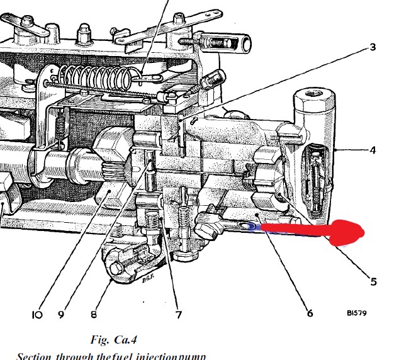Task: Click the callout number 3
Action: click(373, 48)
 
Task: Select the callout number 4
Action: click(373, 152)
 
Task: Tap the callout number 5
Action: click(373, 282)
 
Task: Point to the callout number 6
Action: click(310, 312)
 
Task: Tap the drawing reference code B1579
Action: click(357, 312)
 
